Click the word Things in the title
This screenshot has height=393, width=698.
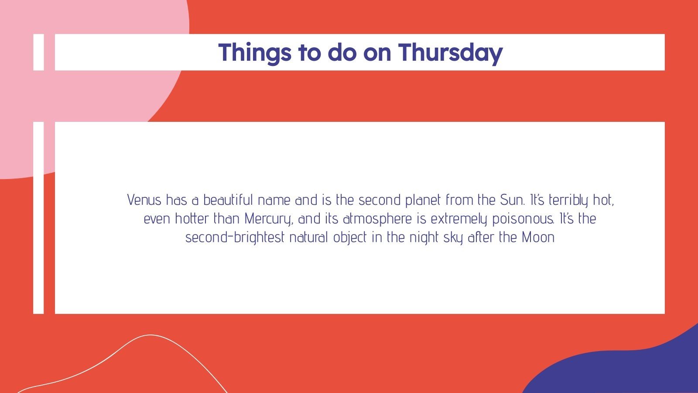pyautogui.click(x=255, y=52)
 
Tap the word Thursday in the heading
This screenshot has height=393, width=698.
pyautogui.click(x=450, y=52)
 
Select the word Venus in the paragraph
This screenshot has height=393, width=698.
pyautogui.click(x=144, y=200)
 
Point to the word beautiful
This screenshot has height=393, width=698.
pyautogui.click(x=228, y=200)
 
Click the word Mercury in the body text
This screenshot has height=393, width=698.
pyautogui.click(x=268, y=218)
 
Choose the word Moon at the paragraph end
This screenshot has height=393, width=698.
pyautogui.click(x=538, y=237)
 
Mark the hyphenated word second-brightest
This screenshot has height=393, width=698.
pyautogui.click(x=235, y=237)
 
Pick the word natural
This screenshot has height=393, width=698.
pyautogui.click(x=308, y=237)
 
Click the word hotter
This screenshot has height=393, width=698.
pyautogui.click(x=192, y=218)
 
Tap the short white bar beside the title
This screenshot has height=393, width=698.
pyautogui.click(x=39, y=52)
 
